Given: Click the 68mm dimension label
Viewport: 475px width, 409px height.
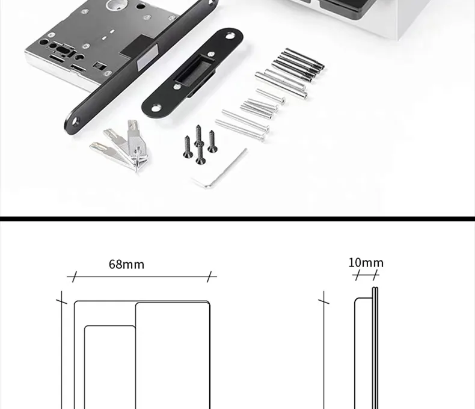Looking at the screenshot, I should coord(126,264).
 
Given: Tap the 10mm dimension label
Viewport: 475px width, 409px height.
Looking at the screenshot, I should coord(366,263).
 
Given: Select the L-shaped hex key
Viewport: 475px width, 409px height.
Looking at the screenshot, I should coord(219,168).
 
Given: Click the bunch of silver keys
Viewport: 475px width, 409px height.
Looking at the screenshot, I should coord(123,144).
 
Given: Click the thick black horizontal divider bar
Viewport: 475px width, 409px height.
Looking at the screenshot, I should coord(237,218).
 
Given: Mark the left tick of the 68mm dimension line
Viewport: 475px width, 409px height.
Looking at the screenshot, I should coord(74,277).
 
